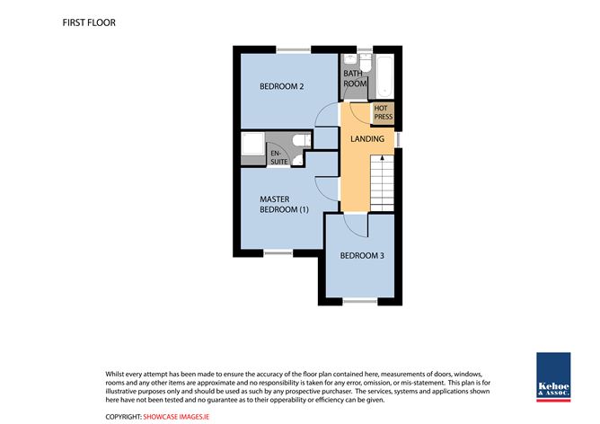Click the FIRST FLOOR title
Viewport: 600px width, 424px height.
pyautogui.click(x=89, y=22)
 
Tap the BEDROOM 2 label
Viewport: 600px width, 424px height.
pyautogui.click(x=282, y=86)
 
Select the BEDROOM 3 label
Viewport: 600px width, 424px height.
pyautogui.click(x=362, y=255)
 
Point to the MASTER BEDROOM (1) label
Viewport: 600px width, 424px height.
pyautogui.click(x=284, y=204)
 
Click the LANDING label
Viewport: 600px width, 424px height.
pyautogui.click(x=367, y=138)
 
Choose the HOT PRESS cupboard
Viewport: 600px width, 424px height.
pyautogui.click(x=384, y=112)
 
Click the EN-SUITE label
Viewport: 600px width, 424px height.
pyautogui.click(x=279, y=158)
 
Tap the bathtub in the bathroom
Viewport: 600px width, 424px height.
pyautogui.click(x=384, y=76)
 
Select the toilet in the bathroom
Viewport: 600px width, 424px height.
pyautogui.click(x=366, y=63)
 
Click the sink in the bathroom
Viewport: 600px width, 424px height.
pyautogui.click(x=349, y=59)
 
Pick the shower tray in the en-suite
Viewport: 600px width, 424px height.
pyautogui.click(x=252, y=144)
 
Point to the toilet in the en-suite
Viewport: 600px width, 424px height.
pyautogui.click(x=302, y=140)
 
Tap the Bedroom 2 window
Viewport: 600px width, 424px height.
pyautogui.click(x=294, y=50)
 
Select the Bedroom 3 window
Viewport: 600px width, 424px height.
pyautogui.click(x=360, y=302)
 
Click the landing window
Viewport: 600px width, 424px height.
pyautogui.click(x=398, y=139)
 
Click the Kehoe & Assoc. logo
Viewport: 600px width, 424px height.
pyautogui.click(x=553, y=377)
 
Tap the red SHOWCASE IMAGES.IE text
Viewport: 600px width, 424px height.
pyautogui.click(x=176, y=417)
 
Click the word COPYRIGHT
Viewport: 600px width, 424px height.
pyautogui.click(x=123, y=417)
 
